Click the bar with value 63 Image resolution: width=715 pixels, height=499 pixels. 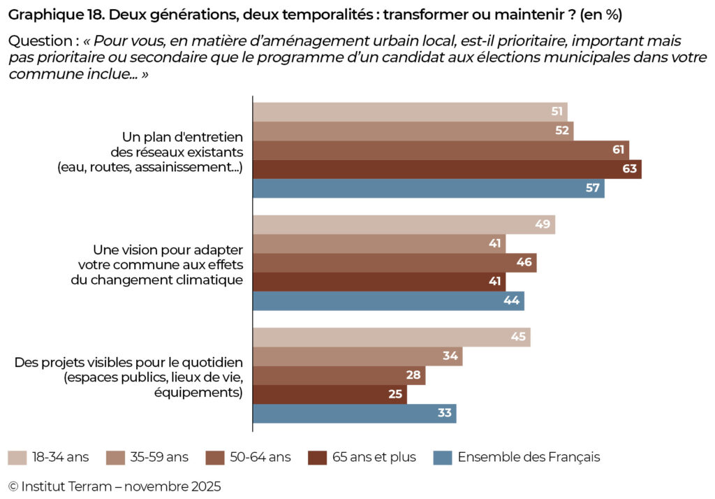(447, 169)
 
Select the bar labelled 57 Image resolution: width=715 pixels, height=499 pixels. (428, 189)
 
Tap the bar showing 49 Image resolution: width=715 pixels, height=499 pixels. (404, 224)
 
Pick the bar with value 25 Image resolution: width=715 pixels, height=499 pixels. (330, 394)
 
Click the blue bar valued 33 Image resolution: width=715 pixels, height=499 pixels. (354, 413)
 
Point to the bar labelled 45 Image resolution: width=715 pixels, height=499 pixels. (391, 337)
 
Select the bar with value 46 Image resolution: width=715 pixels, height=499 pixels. (395, 263)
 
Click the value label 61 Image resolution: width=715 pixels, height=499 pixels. (618, 150)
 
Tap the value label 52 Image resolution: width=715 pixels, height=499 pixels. (562, 131)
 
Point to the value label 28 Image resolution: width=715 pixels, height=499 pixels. (413, 375)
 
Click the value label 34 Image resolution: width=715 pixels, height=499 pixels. (450, 356)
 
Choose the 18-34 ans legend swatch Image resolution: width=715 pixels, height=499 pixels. (17, 458)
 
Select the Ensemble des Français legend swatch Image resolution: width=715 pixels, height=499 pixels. (443, 458)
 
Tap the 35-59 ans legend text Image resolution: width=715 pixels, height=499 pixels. (159, 458)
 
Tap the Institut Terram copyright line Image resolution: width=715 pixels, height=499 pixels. (115, 486)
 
